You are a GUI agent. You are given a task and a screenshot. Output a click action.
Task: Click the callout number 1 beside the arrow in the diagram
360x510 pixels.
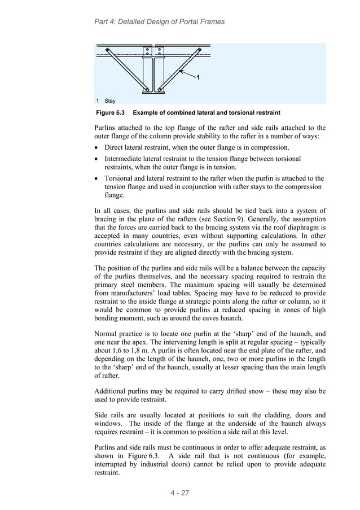click(x=197, y=76)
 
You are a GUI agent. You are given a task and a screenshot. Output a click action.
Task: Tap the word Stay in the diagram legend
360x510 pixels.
click(x=110, y=101)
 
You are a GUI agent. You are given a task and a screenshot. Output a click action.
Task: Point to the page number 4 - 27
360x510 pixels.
click(x=180, y=493)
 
